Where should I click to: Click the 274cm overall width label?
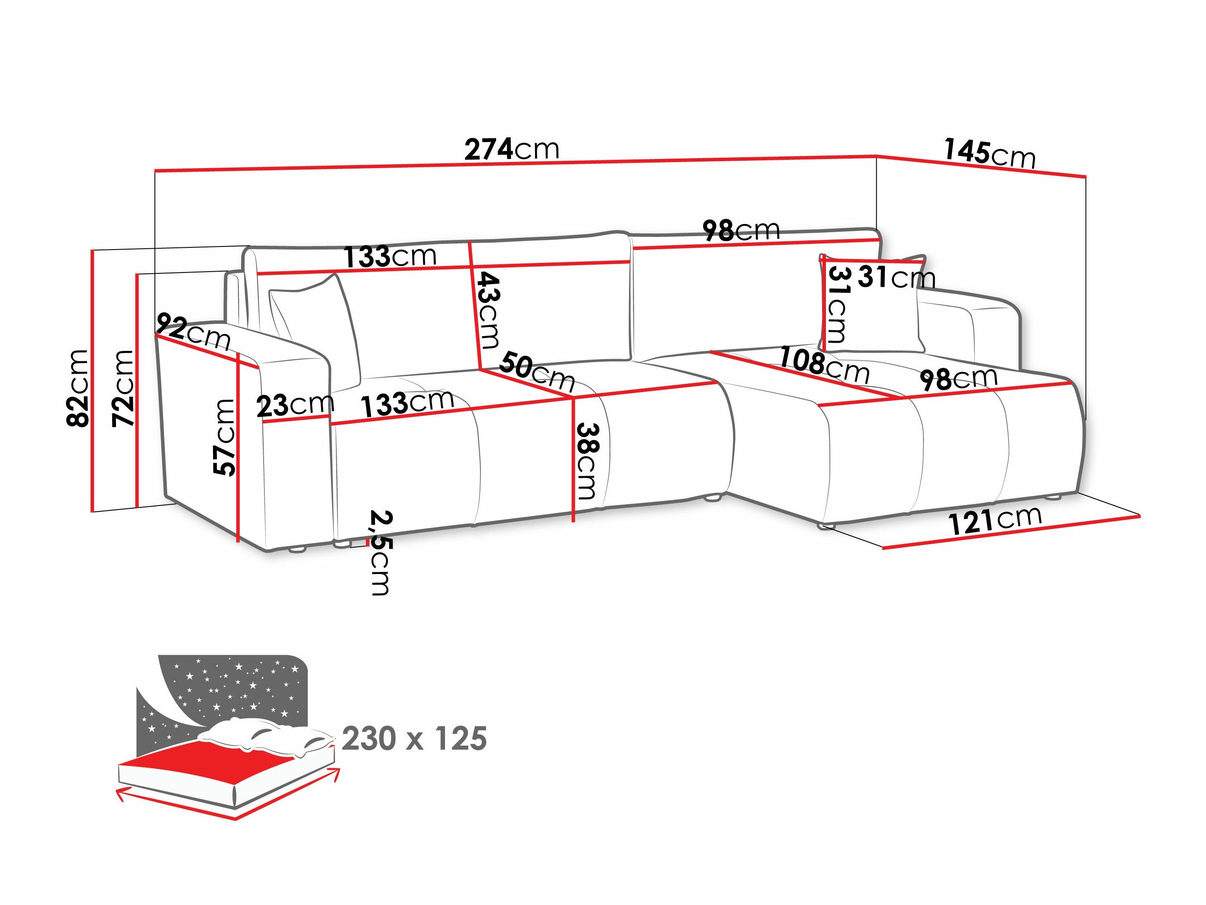[511, 149]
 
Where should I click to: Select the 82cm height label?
[77, 389]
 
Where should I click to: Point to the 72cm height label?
[123, 389]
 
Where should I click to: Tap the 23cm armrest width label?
[295, 405]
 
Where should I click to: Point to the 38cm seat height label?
[587, 461]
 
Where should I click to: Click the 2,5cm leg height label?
[380, 552]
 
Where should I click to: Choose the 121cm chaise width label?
[995, 520]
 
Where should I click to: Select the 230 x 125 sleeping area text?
[414, 739]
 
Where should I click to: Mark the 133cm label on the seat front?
[407, 404]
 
